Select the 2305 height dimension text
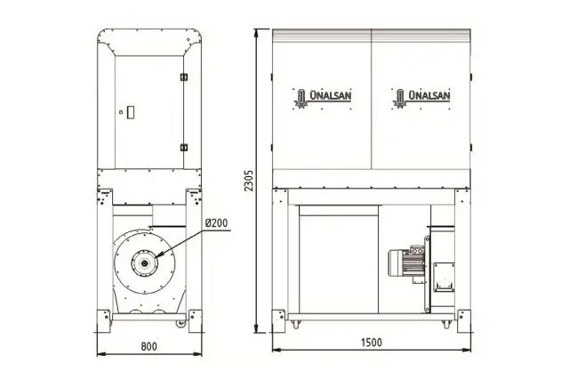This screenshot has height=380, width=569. tap(250, 180)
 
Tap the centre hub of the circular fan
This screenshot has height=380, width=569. tap(140, 263)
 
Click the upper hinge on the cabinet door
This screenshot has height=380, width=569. tap(184, 76)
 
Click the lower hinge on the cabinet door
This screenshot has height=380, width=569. tap(184, 146)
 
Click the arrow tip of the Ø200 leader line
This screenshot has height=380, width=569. tap(153, 259)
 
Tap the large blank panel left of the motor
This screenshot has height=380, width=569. tap(338, 258)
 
